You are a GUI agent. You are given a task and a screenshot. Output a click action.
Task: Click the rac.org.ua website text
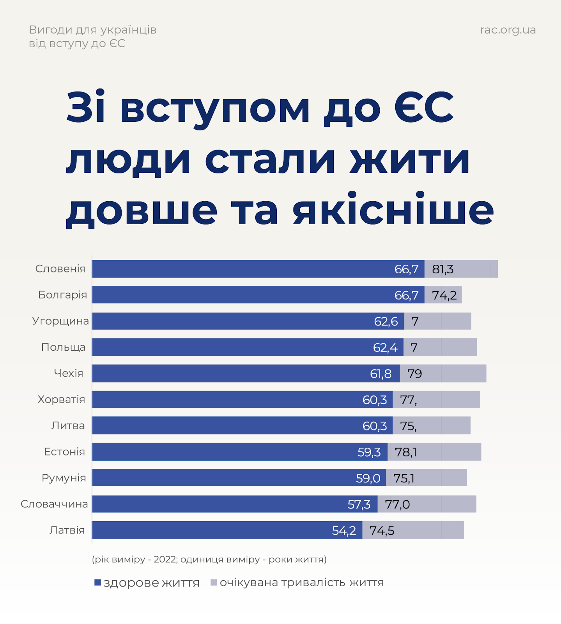point(508,30)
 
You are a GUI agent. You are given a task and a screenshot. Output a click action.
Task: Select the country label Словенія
point(60,269)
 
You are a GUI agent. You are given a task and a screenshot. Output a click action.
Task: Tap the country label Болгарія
point(62,295)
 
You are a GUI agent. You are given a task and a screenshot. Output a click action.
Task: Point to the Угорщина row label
point(60,321)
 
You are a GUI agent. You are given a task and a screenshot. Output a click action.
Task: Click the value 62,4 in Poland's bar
point(385,347)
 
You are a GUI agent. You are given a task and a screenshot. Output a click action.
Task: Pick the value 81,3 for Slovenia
point(442,269)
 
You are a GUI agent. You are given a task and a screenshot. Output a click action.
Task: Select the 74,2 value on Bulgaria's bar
point(444,295)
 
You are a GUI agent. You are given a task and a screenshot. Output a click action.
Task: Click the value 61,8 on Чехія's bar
point(380,374)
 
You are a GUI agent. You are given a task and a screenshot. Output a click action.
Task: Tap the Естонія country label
point(64,452)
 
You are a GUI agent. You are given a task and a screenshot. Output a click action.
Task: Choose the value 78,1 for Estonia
point(405,452)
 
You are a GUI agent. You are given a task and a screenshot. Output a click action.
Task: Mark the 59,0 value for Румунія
point(368,478)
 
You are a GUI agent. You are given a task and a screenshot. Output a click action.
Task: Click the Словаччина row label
point(54,504)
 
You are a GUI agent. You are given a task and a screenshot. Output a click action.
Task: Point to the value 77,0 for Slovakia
point(397,504)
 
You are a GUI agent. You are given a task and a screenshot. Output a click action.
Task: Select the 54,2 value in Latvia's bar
point(344,530)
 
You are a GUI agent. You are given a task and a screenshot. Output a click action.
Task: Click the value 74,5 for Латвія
point(382,530)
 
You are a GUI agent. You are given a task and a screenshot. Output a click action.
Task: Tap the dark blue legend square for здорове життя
point(98,583)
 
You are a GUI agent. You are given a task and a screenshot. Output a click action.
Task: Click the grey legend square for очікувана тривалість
point(214,583)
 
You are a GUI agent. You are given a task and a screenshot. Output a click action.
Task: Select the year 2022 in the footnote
point(165,559)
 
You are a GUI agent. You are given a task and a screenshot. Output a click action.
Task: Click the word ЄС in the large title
point(424,107)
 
